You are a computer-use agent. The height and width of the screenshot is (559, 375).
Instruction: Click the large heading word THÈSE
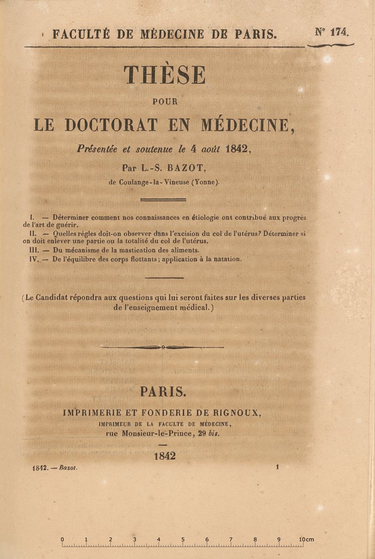[165, 75]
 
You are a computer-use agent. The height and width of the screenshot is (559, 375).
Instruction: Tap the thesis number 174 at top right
[338, 32]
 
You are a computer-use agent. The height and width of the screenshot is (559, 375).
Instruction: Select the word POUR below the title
[165, 101]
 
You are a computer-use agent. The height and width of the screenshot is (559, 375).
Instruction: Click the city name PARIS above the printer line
[163, 391]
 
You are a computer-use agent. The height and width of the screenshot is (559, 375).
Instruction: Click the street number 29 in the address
[202, 433]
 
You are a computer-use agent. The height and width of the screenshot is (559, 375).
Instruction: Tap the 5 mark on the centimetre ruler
[183, 539]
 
